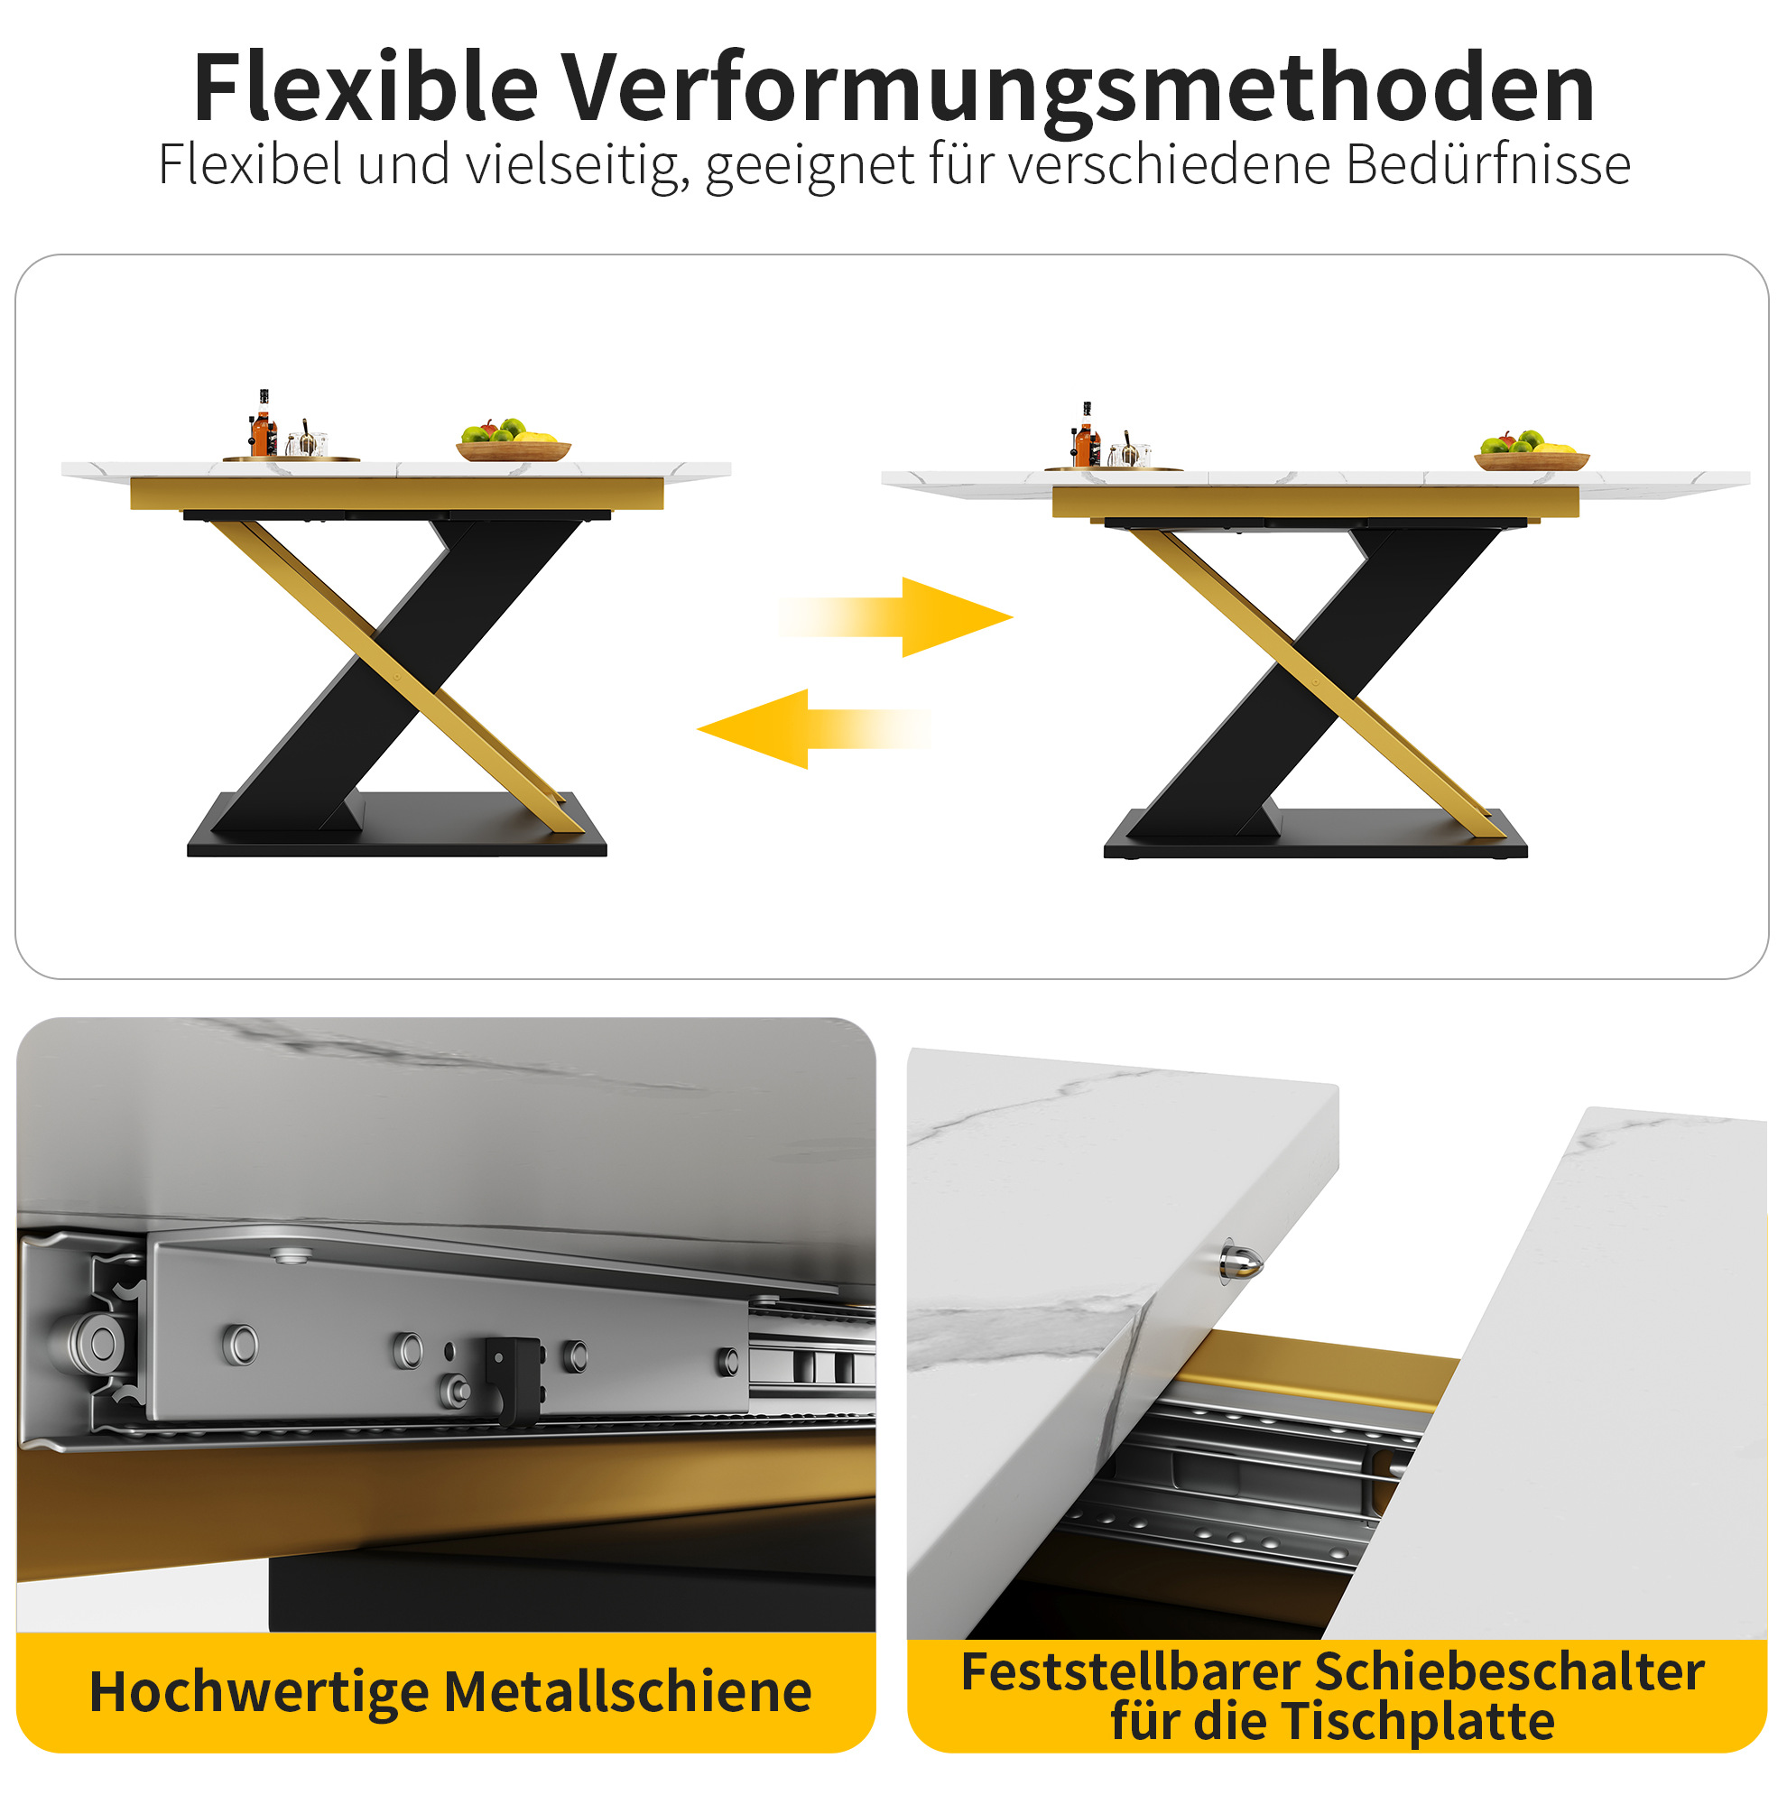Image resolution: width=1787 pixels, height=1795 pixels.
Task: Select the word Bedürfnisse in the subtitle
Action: pyautogui.click(x=1486, y=164)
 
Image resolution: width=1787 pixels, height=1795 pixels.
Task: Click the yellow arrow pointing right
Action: pyautogui.click(x=897, y=617)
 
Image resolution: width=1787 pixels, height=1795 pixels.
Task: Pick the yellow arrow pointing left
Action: pyautogui.click(x=813, y=729)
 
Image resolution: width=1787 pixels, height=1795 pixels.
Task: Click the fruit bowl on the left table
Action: pyautogui.click(x=514, y=442)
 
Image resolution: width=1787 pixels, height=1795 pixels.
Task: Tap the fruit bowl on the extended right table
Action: pyautogui.click(x=1532, y=451)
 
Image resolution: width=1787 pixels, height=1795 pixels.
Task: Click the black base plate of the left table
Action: pyautogui.click(x=397, y=826)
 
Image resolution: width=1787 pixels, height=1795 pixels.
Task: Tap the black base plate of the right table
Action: pyautogui.click(x=1315, y=834)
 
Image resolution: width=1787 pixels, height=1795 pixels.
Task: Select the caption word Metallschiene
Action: pyautogui.click(x=628, y=1692)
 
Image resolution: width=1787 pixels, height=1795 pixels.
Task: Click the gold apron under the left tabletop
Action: pyautogui.click(x=397, y=494)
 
